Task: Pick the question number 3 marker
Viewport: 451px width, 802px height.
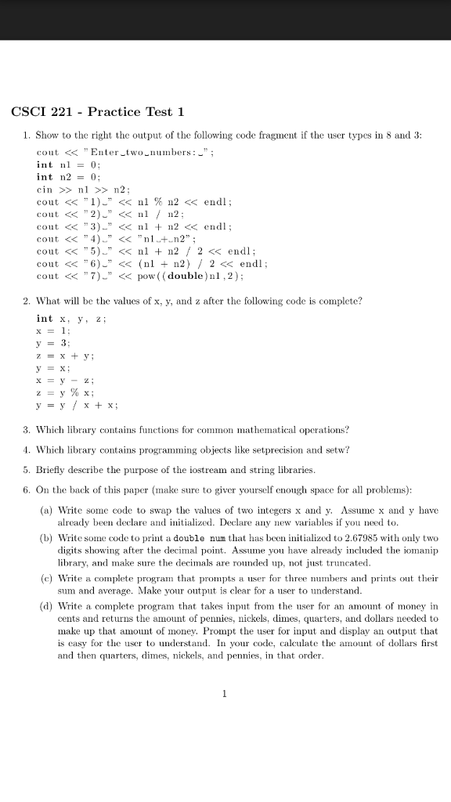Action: click(27, 430)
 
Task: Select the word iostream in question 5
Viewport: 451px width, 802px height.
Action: click(177, 469)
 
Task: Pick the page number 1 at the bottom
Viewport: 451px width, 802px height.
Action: click(225, 692)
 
